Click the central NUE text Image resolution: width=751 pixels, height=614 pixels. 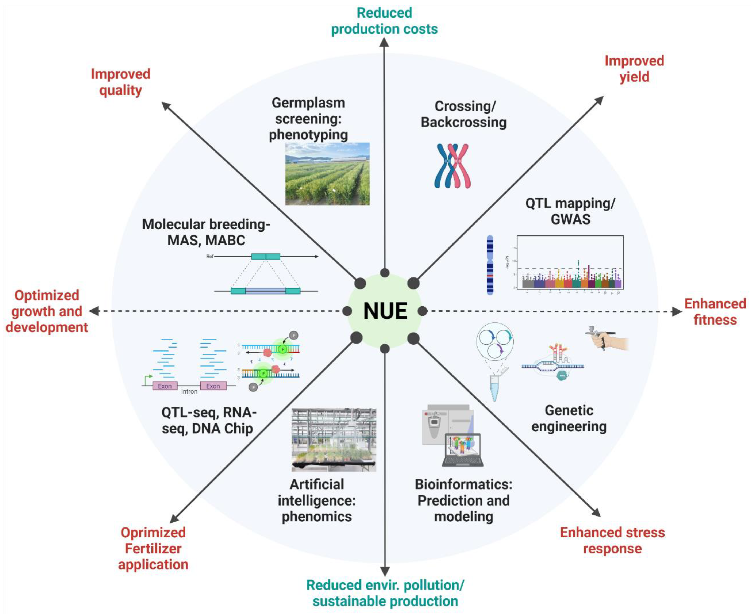385,311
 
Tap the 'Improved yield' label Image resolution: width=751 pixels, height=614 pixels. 634,69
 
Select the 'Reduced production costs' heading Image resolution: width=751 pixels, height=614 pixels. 384,21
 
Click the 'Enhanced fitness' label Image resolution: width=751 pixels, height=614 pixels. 715,312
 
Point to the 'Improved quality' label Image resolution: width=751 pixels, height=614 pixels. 121,82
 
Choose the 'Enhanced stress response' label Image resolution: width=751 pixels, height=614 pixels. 612,540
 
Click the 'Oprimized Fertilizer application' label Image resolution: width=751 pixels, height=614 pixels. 153,548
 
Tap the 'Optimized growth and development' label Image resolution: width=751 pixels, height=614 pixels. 47,311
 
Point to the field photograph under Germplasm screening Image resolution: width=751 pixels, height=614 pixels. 327,174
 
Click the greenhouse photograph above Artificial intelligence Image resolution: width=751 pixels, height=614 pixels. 334,440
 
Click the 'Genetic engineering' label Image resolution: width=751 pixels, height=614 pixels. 569,418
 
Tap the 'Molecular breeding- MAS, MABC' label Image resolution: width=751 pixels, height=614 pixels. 206,232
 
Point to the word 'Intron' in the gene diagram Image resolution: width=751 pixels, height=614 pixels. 189,392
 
